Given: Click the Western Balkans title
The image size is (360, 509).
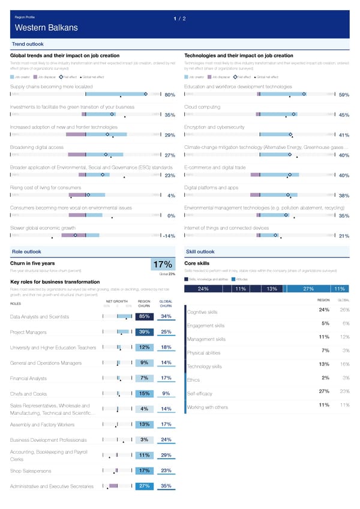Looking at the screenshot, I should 46,28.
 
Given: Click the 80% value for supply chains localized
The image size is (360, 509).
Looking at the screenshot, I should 169,95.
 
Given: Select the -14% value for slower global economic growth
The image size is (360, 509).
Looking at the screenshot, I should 168,236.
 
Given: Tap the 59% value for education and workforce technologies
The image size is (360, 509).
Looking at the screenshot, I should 344,95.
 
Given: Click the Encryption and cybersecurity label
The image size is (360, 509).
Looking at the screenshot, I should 214,127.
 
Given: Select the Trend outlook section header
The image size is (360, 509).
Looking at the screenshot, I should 28,44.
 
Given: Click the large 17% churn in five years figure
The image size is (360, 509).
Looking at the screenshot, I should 163,265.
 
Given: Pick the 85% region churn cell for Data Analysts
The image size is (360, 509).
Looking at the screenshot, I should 144,316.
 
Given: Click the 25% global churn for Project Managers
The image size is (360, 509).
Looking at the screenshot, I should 167,332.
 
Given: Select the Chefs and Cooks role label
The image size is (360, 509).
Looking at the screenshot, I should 28,394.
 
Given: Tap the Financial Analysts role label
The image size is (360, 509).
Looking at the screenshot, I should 28,378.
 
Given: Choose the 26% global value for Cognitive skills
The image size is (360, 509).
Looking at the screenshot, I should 344,310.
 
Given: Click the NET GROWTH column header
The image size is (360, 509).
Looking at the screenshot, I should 116,303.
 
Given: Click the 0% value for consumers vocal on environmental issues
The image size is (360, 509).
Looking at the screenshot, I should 171,216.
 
